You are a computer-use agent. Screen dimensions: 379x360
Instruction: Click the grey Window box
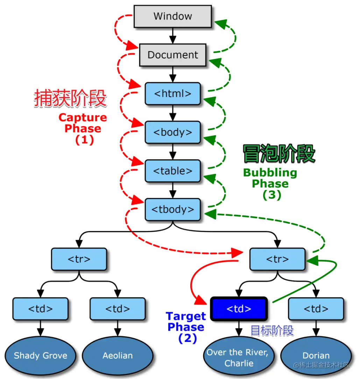tap(172, 16)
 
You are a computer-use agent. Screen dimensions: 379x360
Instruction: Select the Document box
tap(172, 55)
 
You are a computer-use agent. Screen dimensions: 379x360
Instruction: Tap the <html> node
tap(172, 94)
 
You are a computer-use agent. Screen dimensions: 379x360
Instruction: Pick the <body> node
tap(172, 132)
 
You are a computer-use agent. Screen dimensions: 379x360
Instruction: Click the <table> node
tap(172, 171)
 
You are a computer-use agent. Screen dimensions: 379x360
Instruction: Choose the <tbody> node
tap(172, 209)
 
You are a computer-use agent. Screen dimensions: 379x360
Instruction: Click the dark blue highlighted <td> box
tap(239, 309)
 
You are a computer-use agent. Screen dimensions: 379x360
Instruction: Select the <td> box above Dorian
tap(316, 309)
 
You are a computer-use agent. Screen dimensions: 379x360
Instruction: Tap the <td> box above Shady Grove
tap(40, 309)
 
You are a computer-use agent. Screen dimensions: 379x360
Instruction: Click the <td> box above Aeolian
tap(118, 309)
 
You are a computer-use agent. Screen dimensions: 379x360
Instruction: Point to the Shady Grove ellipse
tap(40, 356)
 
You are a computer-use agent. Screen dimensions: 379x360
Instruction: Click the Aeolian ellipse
tap(118, 356)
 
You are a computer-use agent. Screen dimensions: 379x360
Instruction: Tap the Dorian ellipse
tap(316, 356)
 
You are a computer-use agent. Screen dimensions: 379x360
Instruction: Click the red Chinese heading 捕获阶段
tap(70, 98)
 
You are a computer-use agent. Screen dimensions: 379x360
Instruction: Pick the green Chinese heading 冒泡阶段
tap(279, 154)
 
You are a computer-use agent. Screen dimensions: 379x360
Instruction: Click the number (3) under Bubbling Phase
tap(272, 195)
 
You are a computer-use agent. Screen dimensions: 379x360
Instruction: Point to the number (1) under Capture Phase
tap(84, 140)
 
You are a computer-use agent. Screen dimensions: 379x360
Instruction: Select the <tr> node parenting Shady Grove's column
tap(79, 259)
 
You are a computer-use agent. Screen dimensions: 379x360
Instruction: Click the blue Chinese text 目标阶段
tap(272, 330)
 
